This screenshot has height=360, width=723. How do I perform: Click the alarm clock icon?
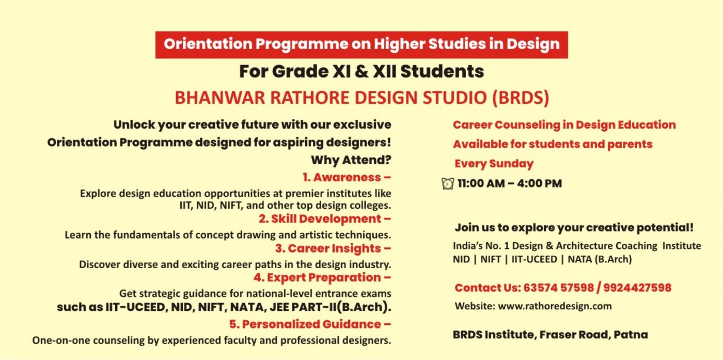(448, 183)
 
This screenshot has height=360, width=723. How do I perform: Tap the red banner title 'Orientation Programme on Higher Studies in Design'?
(361, 44)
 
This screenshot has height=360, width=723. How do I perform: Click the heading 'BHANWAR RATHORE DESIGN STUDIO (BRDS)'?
(362, 98)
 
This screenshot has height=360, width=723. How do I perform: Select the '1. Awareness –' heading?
(347, 177)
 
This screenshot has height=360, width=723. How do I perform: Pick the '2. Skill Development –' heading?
(325, 219)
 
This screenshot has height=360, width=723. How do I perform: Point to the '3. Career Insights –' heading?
(333, 248)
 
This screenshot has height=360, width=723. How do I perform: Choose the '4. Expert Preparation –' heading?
(322, 278)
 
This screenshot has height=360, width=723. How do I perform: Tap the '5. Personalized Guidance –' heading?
(310, 324)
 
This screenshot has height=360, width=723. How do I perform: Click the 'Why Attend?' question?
(351, 160)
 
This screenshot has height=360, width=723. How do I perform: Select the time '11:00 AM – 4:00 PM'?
(510, 183)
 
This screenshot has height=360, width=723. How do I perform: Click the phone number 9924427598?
(637, 288)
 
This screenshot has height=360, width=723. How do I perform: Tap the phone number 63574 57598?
(558, 288)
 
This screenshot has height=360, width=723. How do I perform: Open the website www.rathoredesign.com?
(555, 306)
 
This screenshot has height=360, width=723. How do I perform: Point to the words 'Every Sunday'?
(494, 164)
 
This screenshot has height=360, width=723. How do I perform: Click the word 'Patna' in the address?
(631, 335)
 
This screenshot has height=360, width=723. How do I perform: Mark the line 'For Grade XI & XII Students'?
(361, 71)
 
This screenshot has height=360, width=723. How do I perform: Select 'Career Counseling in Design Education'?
(564, 125)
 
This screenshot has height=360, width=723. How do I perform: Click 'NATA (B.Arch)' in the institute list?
(600, 259)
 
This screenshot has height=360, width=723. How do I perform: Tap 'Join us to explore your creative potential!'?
(574, 228)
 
